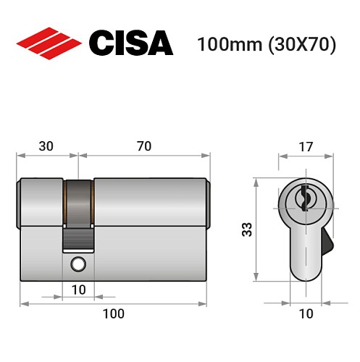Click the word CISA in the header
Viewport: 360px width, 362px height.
coord(130,43)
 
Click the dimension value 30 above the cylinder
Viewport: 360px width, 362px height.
coord(46,146)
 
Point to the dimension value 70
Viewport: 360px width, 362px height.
coord(143,146)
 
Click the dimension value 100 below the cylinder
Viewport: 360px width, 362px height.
coord(113,313)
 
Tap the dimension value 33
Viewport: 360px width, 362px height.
coord(246,231)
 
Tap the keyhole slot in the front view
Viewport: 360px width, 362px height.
coord(304,196)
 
